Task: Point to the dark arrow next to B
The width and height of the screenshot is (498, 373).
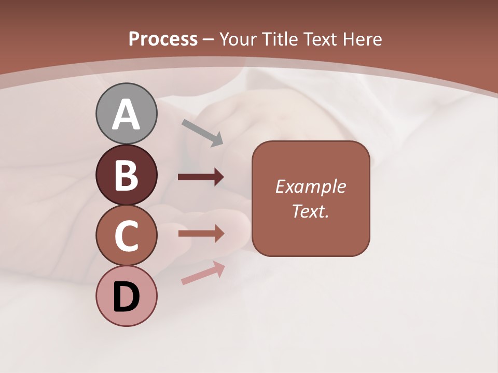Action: pos(201,177)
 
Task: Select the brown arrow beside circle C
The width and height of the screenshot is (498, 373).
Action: pos(201,234)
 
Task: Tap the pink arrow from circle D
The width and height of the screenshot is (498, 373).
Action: pos(203,273)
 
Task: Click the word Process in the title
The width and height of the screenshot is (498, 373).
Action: pos(163,39)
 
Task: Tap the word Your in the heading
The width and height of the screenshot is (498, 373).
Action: pos(238,39)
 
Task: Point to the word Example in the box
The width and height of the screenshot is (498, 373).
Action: pos(311,187)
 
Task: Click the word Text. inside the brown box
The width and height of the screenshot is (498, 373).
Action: pos(311,211)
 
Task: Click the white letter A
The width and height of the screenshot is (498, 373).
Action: pos(126,114)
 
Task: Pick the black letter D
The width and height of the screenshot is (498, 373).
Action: pos(126,297)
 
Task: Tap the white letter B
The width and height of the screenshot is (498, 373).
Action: pos(126,175)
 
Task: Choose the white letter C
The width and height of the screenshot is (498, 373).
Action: pos(126,236)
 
